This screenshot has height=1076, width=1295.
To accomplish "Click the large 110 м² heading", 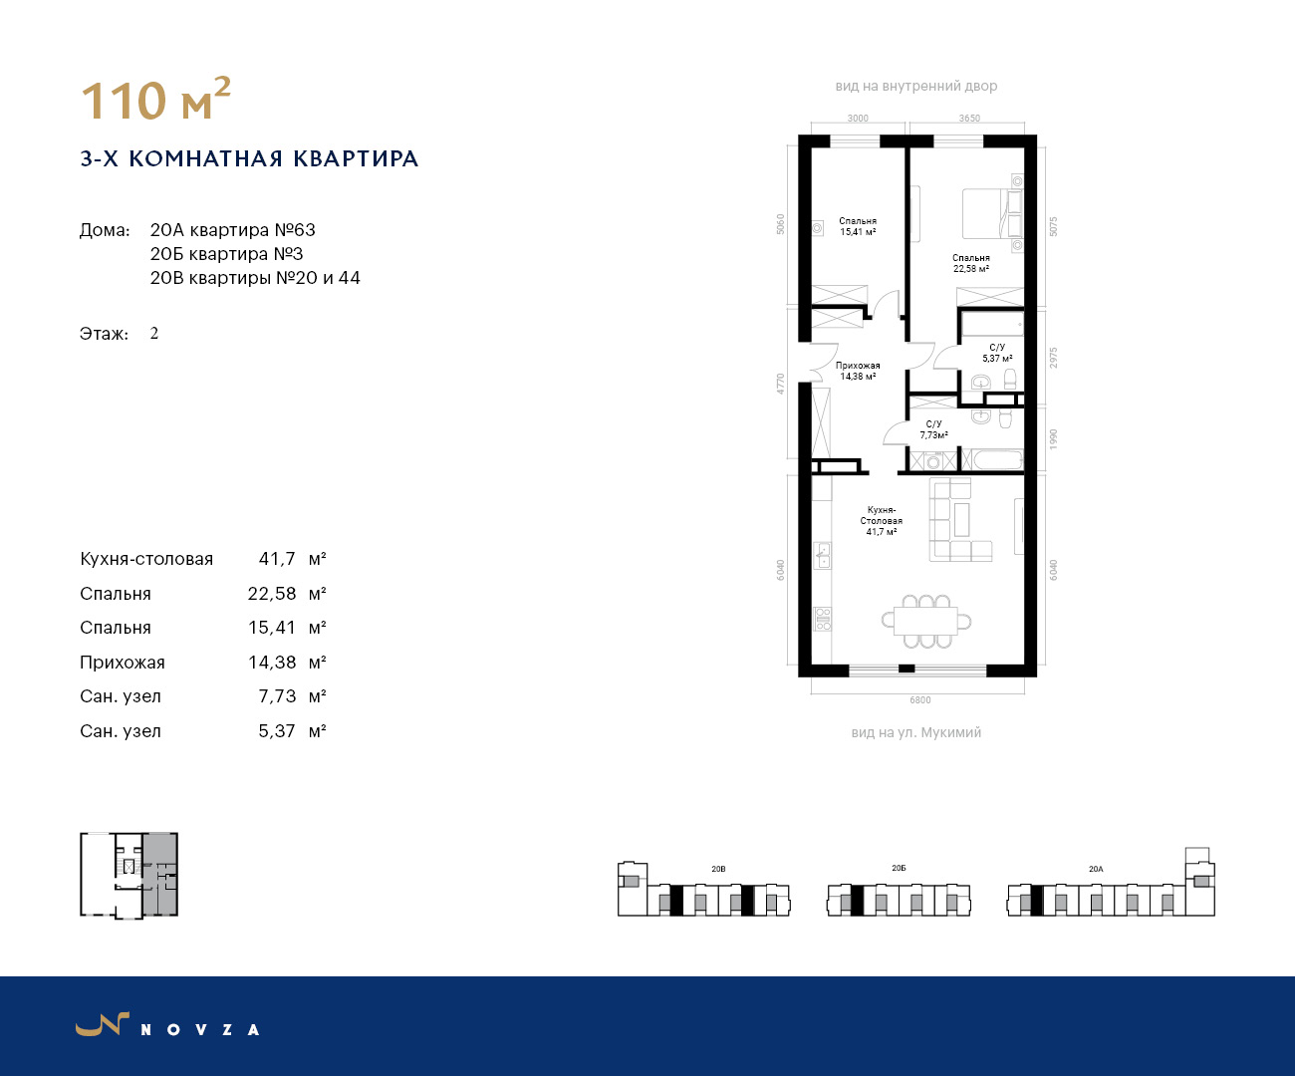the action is tap(155, 99).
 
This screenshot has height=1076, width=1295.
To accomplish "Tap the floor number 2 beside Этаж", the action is tap(153, 334).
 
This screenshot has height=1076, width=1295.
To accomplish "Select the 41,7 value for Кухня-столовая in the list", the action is tap(277, 559).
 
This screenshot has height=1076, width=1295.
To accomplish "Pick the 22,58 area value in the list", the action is tap(272, 594).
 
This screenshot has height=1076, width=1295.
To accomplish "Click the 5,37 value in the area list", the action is tap(277, 730).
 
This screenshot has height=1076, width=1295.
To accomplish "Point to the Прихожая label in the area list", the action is tap(123, 663).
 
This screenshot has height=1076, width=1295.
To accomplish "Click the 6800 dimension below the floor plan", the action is tap(919, 700).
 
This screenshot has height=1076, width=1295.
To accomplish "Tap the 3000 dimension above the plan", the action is tap(858, 119).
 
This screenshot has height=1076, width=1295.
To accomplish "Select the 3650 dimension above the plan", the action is tap(969, 119).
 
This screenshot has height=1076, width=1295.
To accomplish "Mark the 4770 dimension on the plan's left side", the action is tap(781, 384).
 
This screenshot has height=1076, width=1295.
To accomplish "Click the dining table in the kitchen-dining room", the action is tap(926, 622).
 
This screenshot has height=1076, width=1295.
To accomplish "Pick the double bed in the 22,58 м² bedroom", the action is tap(992, 214).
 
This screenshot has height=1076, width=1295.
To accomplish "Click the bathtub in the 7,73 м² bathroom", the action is tap(997, 460).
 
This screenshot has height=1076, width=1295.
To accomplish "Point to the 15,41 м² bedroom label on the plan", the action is tap(858, 226).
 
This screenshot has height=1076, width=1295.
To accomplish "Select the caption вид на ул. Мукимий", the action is tap(916, 732).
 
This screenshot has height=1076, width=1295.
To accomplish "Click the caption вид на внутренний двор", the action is tap(916, 87).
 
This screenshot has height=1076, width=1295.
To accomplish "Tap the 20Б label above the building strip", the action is tap(899, 868).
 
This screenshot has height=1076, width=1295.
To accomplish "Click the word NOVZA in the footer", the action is tap(200, 1030).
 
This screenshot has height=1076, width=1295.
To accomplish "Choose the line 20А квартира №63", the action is tap(232, 230).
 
